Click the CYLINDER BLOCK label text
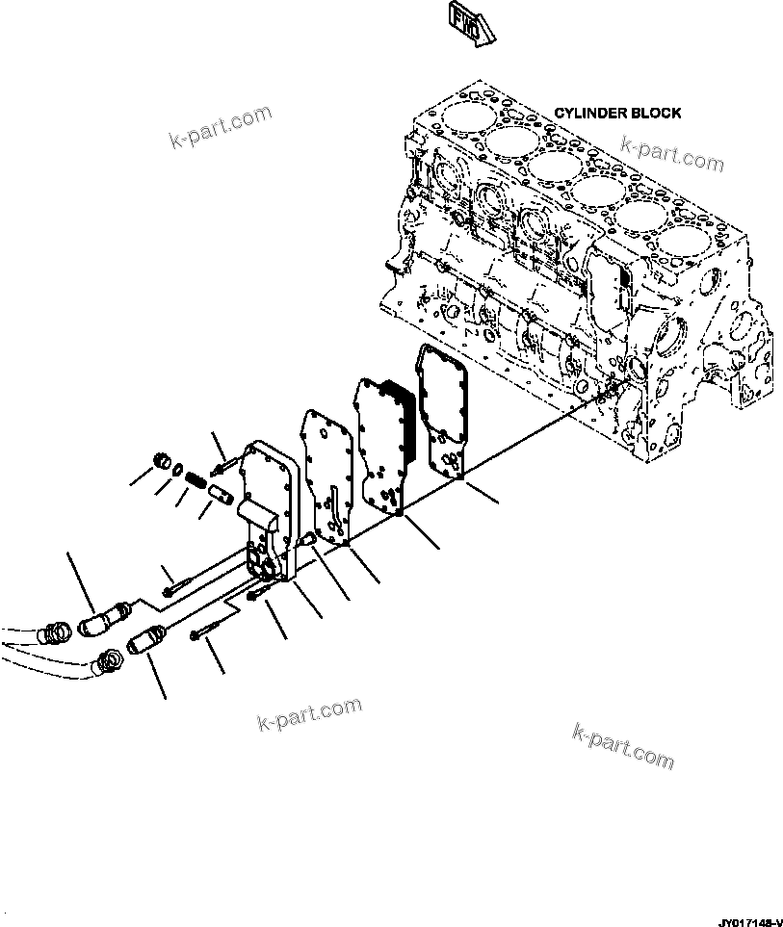[617, 113]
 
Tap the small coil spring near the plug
[194, 476]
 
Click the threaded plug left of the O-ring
[163, 459]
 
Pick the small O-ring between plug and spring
[178, 468]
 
